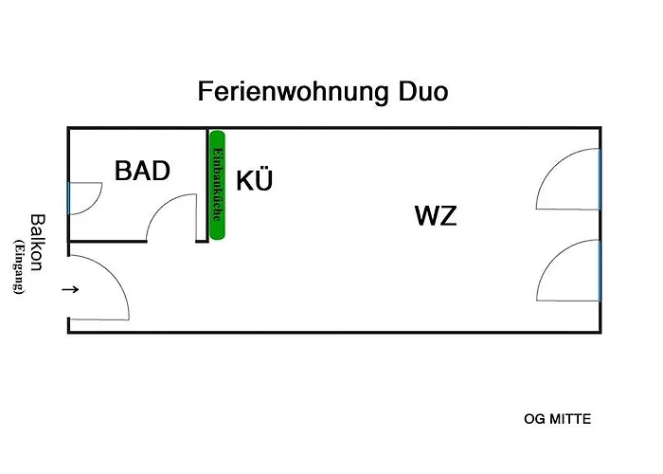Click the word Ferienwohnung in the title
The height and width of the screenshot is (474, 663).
tap(293, 92)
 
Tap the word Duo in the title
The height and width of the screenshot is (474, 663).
tap(422, 91)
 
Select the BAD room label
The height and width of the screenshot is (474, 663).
tap(142, 171)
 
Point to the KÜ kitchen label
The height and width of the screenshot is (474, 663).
tap(254, 179)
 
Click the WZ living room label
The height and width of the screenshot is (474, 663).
tap(436, 215)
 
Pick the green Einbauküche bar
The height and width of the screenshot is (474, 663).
tap(217, 185)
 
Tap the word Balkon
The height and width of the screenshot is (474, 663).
tap(38, 243)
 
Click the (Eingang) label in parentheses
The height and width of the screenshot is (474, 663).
tap(19, 266)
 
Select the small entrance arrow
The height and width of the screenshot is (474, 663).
tap(70, 289)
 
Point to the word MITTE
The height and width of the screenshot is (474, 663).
tap(569, 419)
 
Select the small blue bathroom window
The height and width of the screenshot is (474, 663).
tap(68, 198)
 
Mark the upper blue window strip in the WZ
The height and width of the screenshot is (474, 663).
tap(600, 179)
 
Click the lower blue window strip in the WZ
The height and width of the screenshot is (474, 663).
tap(600, 270)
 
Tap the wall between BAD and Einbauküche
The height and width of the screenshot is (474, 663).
tap(206, 185)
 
